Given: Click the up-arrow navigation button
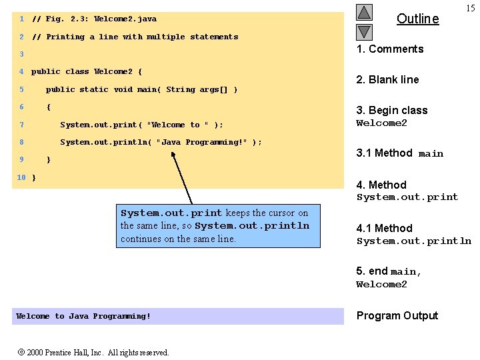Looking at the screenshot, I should point(364,13).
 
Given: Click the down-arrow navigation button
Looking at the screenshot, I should point(364,31).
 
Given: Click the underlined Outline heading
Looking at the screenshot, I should point(417,19).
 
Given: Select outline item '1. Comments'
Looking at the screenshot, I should point(390,49).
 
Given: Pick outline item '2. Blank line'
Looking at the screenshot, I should point(387,79).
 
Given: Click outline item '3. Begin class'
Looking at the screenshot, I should point(392,110).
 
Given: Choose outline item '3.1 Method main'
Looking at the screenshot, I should point(399,153).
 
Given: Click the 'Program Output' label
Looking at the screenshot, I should point(397,315).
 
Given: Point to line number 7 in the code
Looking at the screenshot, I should point(22,125).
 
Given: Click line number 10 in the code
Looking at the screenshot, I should point(21,177).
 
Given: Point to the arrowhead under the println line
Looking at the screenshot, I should point(173,154).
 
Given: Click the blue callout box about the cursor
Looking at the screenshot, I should point(217,225).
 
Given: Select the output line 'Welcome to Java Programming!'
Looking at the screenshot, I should point(83,316).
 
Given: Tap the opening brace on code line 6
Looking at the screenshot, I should point(49,107).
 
